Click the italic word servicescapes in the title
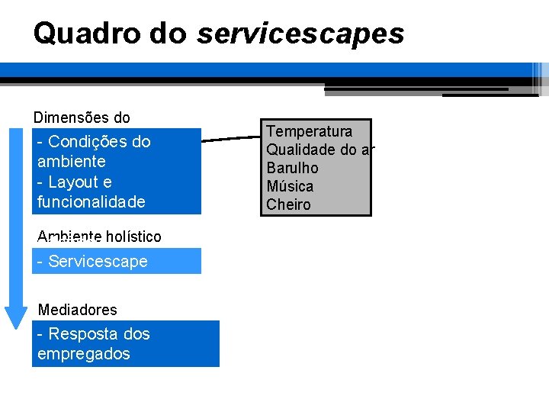300,34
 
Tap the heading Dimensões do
82,117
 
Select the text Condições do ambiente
93,151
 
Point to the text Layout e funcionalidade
91,192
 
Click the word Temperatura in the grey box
309,131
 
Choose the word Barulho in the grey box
292,168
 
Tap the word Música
290,186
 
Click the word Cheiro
288,204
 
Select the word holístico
133,237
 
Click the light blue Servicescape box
116,261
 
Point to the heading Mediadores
78,310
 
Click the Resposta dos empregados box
125,344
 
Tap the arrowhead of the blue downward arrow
16,317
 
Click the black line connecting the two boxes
232,138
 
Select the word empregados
83,354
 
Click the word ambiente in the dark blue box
71,162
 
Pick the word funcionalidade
91,202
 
